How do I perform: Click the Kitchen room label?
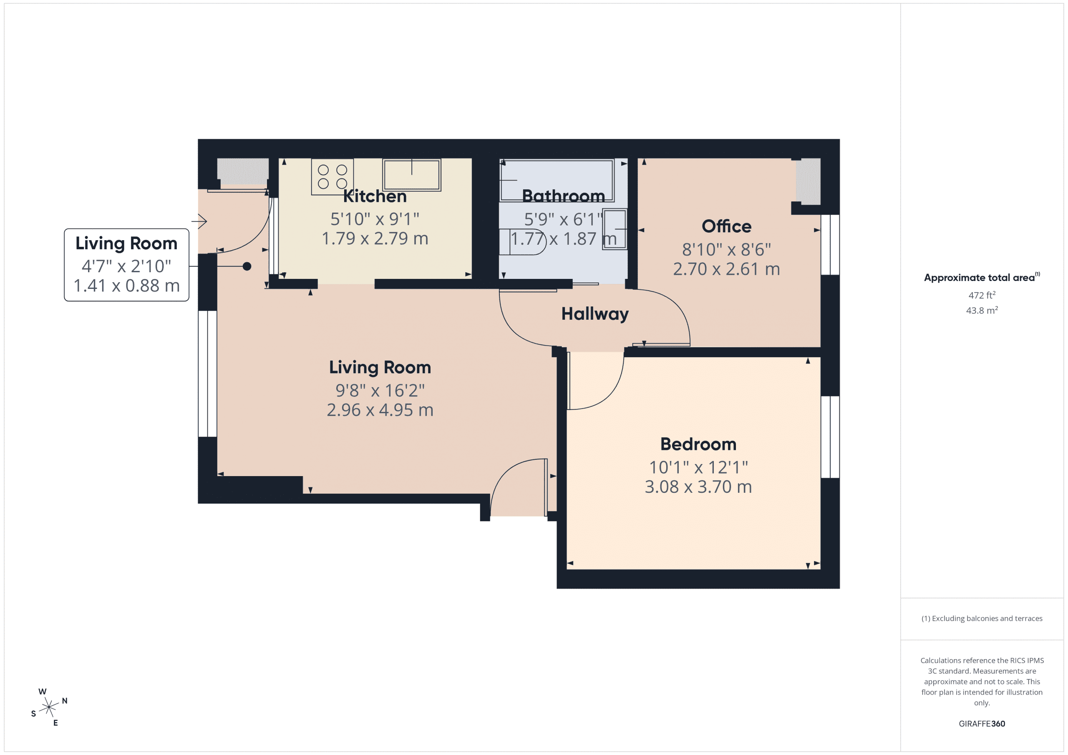coord(375,196)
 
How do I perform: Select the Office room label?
coord(726,226)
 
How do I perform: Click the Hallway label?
coord(594,314)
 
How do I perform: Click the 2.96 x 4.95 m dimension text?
coord(380,410)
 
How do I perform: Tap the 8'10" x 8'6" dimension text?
coord(726,250)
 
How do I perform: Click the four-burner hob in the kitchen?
coord(332,177)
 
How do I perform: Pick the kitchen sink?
coord(411,175)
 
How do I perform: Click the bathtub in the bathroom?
coord(557,181)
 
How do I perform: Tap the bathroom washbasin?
coord(615,229)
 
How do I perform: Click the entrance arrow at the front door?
coord(200,221)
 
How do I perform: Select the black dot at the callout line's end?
coord(247,266)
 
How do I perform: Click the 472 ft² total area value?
coord(982,295)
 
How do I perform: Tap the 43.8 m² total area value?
coord(982,310)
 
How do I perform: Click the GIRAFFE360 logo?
coord(982,724)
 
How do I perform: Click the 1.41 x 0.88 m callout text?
coord(126,286)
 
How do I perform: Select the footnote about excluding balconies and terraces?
coord(982,618)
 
